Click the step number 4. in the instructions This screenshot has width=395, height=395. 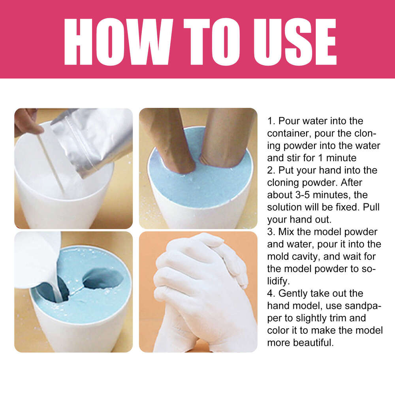[x=271, y=293]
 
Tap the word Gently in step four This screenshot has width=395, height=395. [x=293, y=293]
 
